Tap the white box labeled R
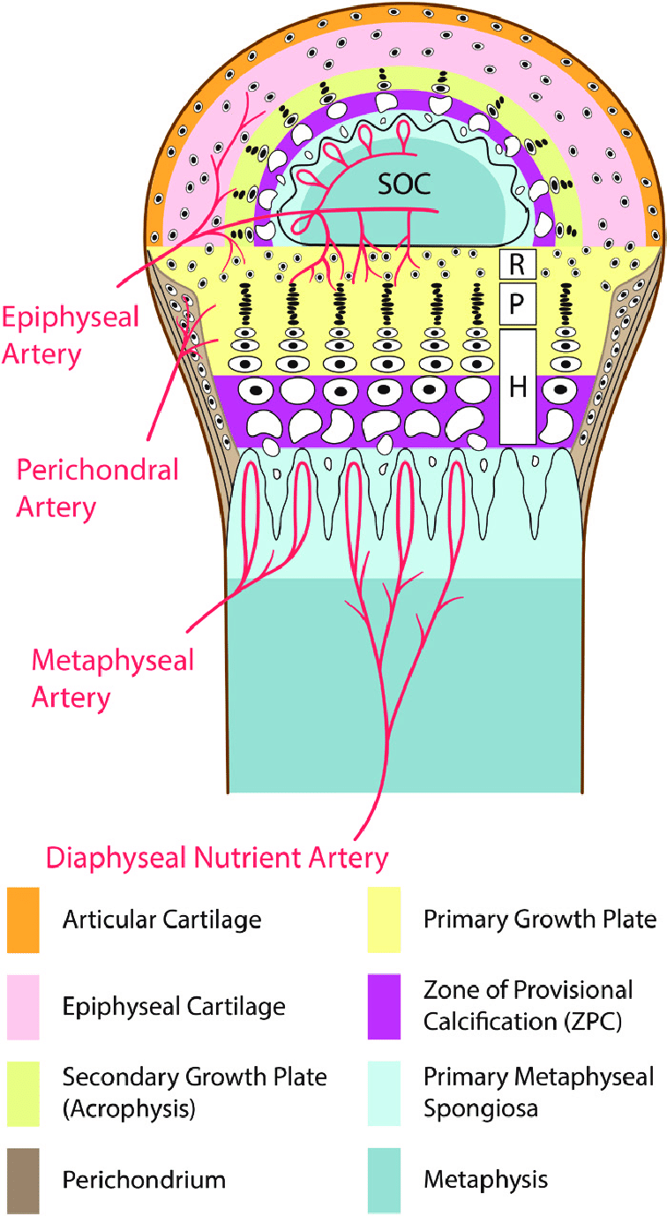pyautogui.click(x=518, y=263)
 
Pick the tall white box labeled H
pyautogui.click(x=518, y=387)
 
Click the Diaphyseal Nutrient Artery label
pyautogui.click(x=217, y=857)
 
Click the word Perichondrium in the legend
pyautogui.click(x=144, y=1179)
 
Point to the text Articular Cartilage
pyautogui.click(x=161, y=920)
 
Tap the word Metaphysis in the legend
pyautogui.click(x=484, y=1179)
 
